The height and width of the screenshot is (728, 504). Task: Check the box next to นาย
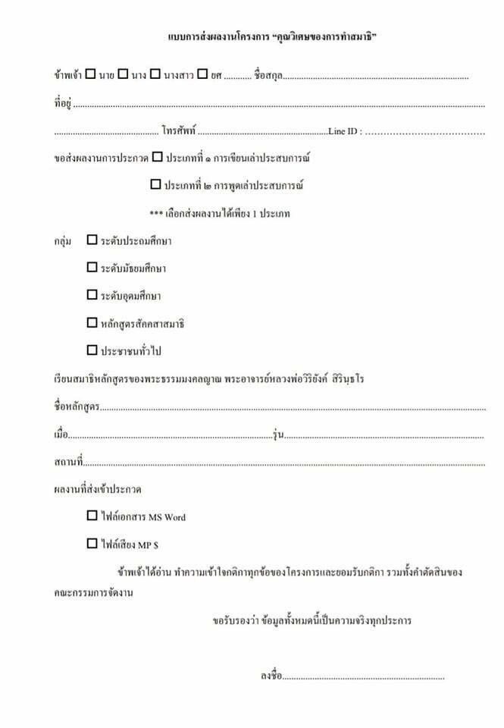point(90,75)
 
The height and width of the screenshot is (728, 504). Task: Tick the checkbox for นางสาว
point(155,75)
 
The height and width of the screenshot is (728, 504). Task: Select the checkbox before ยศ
point(202,75)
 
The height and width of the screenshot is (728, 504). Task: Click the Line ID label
point(345,131)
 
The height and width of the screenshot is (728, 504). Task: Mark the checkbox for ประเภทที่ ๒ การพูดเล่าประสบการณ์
point(155,184)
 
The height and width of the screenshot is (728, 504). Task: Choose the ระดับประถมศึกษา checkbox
point(92,240)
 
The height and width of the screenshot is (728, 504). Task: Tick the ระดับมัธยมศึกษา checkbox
point(92,268)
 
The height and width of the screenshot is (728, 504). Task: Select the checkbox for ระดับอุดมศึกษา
point(92,295)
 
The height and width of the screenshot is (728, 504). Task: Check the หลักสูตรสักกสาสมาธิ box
point(92,323)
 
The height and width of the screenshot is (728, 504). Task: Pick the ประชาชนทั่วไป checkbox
point(92,350)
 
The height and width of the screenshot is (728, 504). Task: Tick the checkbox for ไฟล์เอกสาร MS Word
point(92,516)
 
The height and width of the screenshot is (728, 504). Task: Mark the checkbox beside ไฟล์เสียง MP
point(92,544)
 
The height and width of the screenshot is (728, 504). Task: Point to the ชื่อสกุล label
point(268,76)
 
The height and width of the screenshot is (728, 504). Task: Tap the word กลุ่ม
point(63,241)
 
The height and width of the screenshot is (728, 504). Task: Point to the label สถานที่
point(69,462)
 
